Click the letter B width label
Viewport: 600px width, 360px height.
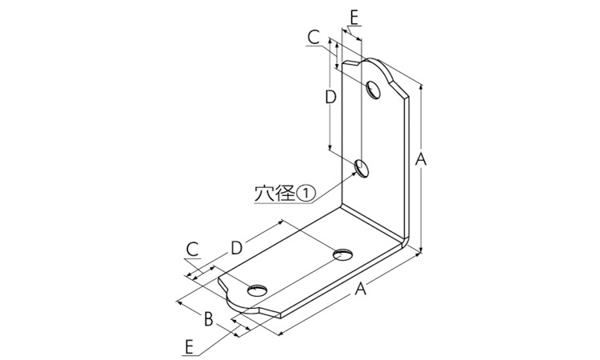click(x=208, y=318)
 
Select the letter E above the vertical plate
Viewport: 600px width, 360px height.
click(x=354, y=18)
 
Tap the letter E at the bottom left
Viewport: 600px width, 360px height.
click(x=188, y=347)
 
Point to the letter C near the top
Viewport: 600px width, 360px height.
click(x=314, y=38)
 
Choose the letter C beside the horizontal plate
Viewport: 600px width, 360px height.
click(x=193, y=250)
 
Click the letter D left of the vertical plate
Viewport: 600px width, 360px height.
click(x=330, y=97)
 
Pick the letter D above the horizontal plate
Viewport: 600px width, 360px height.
click(x=237, y=248)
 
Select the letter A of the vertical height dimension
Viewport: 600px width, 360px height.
click(x=421, y=159)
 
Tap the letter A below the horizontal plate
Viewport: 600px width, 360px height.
click(x=360, y=289)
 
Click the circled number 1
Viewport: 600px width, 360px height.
click(x=306, y=194)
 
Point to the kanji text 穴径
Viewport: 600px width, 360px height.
click(x=275, y=194)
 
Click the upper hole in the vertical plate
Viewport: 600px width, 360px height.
click(x=374, y=90)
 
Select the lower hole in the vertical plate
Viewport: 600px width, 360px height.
click(x=362, y=168)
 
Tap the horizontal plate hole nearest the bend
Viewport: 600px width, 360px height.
click(x=343, y=254)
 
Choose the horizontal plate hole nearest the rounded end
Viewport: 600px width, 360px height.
click(x=257, y=290)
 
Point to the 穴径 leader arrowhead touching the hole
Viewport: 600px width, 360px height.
click(x=354, y=174)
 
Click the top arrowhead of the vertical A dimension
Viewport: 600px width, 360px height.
click(x=422, y=87)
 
